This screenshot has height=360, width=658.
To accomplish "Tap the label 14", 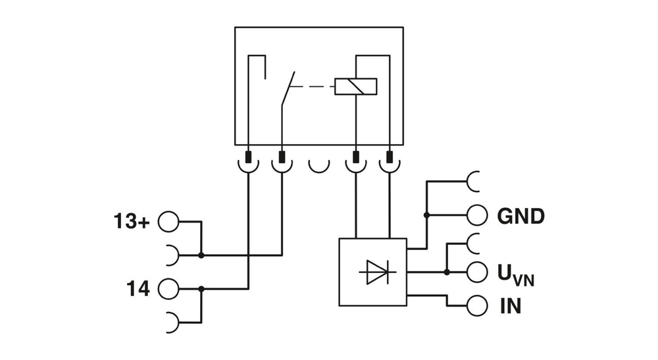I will tap(138, 288).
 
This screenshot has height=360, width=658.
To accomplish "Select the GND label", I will tap(520, 216).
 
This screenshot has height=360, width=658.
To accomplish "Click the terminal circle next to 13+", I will tap(168, 222).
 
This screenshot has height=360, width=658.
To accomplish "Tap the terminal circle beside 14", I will tap(168, 288).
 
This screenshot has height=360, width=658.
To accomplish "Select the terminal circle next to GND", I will tap(477, 215).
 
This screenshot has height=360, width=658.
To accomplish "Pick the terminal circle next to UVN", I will tap(477, 271).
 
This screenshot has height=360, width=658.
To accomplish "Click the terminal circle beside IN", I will tap(477, 306).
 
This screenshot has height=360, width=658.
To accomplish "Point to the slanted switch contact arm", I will tap(288, 88).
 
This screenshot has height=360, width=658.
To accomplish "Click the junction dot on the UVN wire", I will tap(447, 271).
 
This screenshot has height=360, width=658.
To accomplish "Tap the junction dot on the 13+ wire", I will tap(201, 255).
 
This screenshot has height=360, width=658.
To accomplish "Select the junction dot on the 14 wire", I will tap(201, 288).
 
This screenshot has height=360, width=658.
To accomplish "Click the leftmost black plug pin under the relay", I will tap(249, 158).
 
